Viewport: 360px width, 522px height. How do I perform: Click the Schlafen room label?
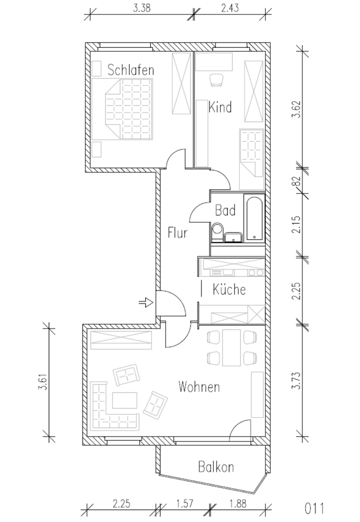[131, 70]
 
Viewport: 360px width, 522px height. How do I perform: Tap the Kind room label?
[220, 107]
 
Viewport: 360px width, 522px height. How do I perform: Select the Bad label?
[225, 210]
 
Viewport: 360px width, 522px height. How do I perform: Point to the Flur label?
[177, 232]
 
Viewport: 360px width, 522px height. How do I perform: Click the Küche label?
[229, 289]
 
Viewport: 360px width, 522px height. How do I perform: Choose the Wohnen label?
[199, 387]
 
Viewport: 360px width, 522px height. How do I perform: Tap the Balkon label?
[216, 467]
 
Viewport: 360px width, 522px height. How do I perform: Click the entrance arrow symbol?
[146, 302]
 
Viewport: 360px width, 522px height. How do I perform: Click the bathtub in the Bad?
[255, 218]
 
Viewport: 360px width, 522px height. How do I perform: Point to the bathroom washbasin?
[233, 237]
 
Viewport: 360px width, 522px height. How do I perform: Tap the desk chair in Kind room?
[216, 79]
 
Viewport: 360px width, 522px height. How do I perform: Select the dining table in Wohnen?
[232, 347]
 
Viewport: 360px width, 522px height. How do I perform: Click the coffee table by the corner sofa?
[125, 400]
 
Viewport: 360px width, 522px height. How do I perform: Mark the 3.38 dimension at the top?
[142, 8]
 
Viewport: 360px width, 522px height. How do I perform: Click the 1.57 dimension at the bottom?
[184, 503]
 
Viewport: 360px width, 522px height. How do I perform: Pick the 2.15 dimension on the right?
[296, 225]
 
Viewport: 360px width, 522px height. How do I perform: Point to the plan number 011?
[314, 509]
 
